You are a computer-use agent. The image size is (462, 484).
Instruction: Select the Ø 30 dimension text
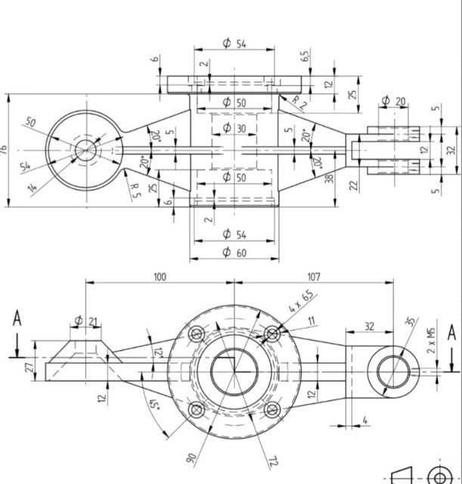coord(235,129)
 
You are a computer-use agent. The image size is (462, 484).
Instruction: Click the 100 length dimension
coord(160,278)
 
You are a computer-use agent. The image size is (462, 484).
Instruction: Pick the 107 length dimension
coord(315,278)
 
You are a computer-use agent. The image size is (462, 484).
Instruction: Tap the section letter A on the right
coord(451,333)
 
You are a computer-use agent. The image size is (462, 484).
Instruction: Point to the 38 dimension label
coord(330,179)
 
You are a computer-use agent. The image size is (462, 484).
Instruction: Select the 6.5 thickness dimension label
coord(305,57)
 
